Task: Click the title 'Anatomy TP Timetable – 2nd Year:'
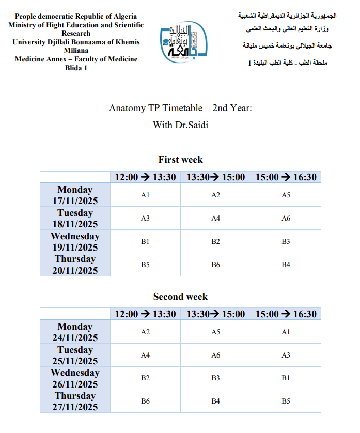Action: (x=180, y=108)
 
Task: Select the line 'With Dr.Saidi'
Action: (x=180, y=125)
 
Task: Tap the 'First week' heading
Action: (x=180, y=160)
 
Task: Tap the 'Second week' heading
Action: (x=180, y=297)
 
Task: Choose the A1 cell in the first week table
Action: (x=145, y=195)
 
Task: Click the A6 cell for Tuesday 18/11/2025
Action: (x=286, y=219)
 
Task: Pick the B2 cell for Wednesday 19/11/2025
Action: (x=215, y=241)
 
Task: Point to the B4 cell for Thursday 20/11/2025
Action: (x=286, y=265)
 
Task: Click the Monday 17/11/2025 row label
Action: (x=75, y=195)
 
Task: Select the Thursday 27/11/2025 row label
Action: (x=75, y=401)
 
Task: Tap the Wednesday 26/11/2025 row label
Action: (x=75, y=378)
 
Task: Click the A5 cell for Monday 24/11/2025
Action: (x=215, y=332)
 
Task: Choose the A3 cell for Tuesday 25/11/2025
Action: (x=286, y=355)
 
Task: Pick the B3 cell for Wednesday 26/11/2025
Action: (x=215, y=378)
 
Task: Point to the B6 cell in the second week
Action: (x=145, y=401)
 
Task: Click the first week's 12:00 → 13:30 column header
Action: (x=145, y=177)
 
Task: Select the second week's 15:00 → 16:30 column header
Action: (x=286, y=314)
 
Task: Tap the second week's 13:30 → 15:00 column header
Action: (x=215, y=314)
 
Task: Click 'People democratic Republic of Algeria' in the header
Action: (x=76, y=17)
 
